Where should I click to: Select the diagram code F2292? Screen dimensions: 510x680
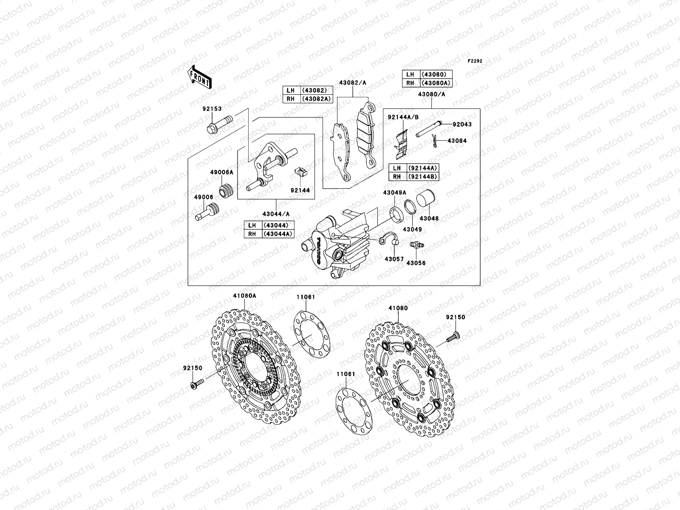(x=475, y=61)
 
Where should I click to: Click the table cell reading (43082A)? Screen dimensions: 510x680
(x=316, y=99)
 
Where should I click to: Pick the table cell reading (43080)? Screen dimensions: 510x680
(x=436, y=74)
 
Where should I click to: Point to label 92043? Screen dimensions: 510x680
(x=462, y=125)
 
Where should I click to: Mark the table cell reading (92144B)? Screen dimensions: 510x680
(x=422, y=176)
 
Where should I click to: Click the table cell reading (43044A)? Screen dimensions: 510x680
(x=278, y=234)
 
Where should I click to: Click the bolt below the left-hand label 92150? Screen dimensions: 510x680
(x=196, y=385)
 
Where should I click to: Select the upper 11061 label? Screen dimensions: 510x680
(x=306, y=297)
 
